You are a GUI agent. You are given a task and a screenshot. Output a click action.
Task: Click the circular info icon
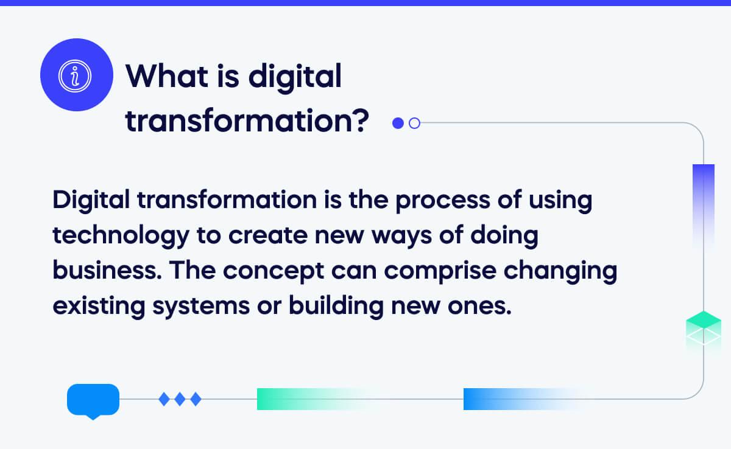click(77, 75)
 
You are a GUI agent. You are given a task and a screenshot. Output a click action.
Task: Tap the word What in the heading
click(167, 77)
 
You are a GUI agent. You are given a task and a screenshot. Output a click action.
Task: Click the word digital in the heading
click(295, 78)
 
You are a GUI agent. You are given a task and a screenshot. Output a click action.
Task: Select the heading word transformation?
click(247, 121)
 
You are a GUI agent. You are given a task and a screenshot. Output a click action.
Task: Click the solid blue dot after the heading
click(398, 123)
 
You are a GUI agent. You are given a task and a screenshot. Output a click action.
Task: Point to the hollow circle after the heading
click(414, 123)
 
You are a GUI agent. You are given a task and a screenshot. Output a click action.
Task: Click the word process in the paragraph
click(443, 201)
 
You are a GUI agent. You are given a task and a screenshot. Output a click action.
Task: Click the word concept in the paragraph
click(274, 272)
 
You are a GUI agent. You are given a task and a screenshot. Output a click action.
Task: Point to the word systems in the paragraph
click(201, 307)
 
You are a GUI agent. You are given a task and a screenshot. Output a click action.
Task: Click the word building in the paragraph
click(336, 306)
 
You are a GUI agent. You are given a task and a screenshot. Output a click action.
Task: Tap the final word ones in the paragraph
click(479, 307)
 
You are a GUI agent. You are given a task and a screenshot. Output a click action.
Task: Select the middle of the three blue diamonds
click(180, 399)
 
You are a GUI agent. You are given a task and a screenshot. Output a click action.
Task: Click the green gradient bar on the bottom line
click(313, 399)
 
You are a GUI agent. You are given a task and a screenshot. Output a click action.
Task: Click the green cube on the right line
click(703, 329)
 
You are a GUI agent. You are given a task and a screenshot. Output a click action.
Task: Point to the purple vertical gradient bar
click(703, 205)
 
